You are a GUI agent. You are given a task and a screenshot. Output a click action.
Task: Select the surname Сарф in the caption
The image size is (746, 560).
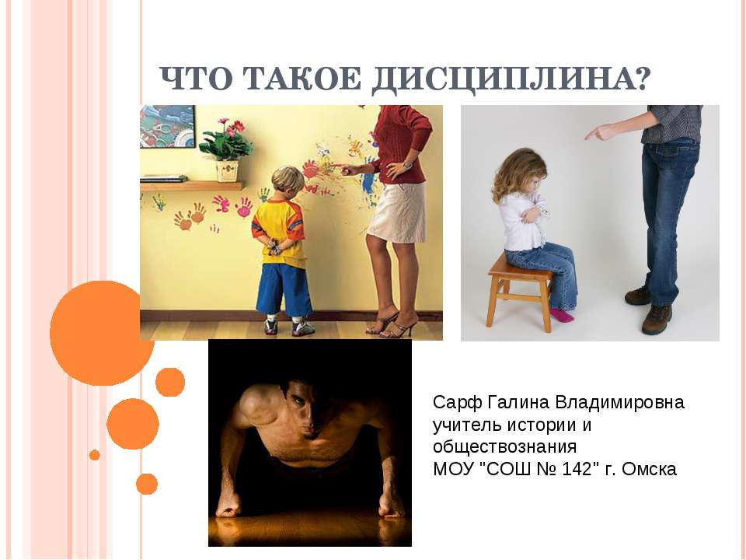[456, 403]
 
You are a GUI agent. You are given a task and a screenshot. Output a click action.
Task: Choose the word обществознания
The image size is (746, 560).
[504, 447]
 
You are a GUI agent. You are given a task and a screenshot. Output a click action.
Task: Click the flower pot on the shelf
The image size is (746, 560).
[227, 170]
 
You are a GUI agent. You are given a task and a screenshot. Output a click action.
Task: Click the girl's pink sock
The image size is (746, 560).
[561, 314]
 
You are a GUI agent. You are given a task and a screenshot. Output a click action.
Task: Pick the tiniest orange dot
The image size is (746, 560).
[95, 455]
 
